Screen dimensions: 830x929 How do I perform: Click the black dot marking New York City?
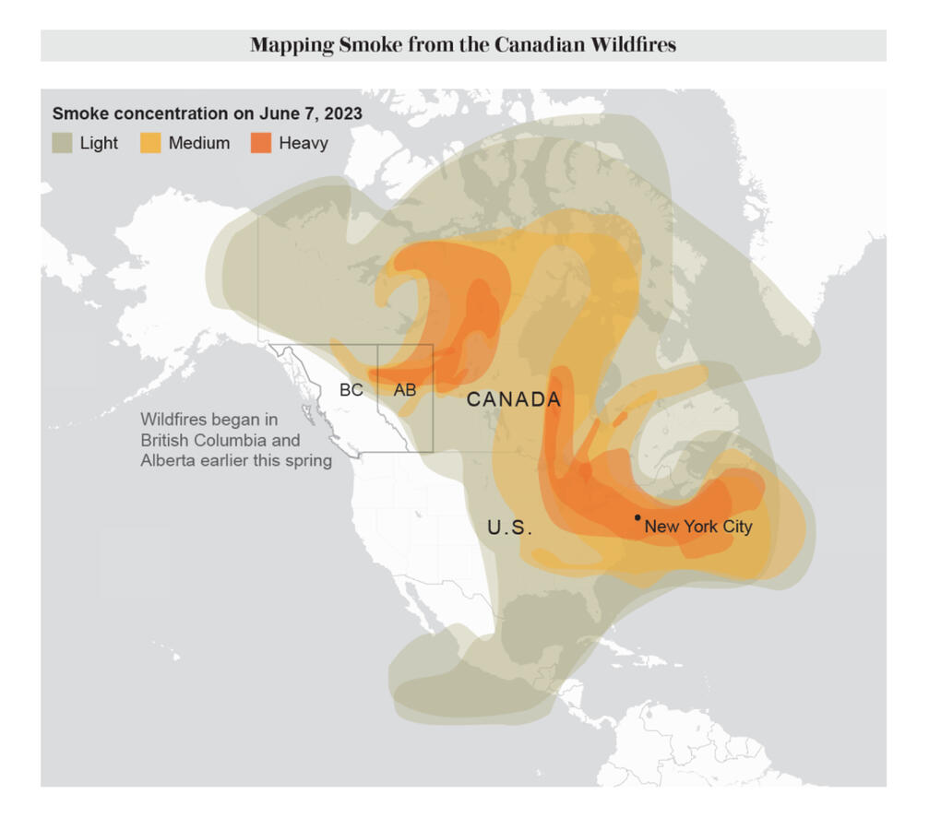click(x=637, y=517)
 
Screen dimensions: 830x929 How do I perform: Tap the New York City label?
click(x=697, y=528)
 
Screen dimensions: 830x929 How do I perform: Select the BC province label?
click(x=351, y=390)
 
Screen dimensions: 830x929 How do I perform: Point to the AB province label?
click(x=405, y=390)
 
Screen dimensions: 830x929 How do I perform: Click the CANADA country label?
click(x=514, y=399)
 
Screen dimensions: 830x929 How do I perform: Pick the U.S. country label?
click(x=509, y=528)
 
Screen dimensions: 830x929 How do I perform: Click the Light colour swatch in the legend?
click(x=62, y=143)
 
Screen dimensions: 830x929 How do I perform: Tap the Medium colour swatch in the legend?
click(x=150, y=143)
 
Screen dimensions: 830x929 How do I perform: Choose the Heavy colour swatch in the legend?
click(x=261, y=143)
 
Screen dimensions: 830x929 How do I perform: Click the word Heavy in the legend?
click(x=304, y=143)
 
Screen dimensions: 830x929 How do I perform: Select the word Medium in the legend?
click(x=199, y=143)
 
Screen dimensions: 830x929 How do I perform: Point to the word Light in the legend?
click(x=99, y=143)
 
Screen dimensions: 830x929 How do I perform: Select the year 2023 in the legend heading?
click(x=342, y=113)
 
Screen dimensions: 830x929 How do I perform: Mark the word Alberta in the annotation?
click(x=166, y=460)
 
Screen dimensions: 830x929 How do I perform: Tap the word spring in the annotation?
click(x=308, y=460)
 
